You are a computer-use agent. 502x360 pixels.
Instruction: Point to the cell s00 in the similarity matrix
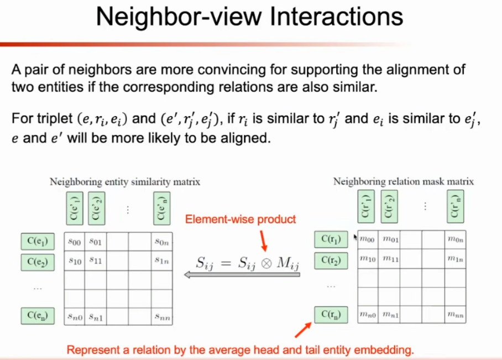point(74,242)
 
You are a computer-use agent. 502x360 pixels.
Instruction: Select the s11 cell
point(95,260)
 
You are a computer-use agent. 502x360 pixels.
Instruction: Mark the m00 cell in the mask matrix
point(368,239)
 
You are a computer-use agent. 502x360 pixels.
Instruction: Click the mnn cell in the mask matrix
point(455,315)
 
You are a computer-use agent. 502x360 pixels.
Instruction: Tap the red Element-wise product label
point(240,219)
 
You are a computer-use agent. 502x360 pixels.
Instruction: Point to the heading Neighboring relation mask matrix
point(404,181)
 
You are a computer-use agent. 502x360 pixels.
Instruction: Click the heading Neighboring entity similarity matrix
point(125,181)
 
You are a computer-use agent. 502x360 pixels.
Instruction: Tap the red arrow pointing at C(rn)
point(302,329)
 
